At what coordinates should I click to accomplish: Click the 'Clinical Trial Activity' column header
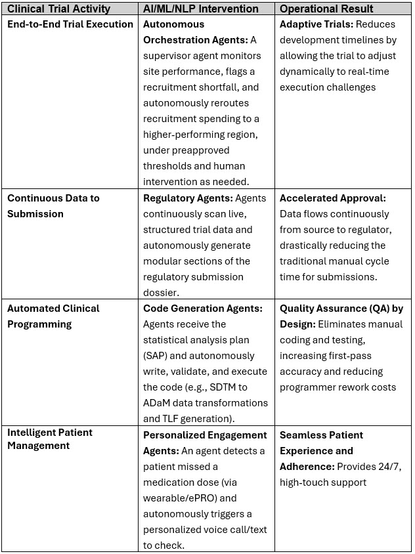point(58,9)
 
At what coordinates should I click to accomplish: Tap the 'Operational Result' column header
point(326,9)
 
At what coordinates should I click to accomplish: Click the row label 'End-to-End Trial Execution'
point(70,24)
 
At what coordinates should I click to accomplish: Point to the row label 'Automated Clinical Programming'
point(53,316)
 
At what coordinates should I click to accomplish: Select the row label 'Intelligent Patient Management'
point(50,439)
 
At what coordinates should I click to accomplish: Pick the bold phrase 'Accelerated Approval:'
point(333,198)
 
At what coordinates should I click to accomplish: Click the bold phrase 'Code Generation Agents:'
point(203,309)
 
